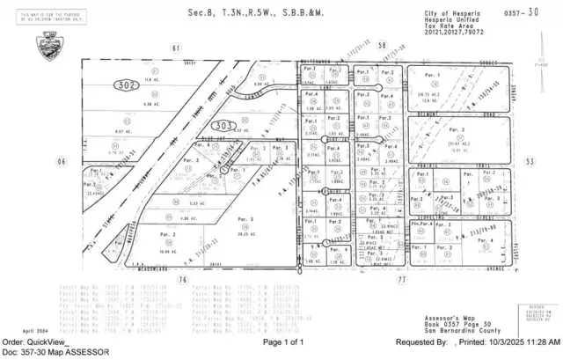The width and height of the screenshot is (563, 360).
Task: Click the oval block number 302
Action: [125, 84]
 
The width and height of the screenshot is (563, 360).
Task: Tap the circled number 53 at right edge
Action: [530, 162]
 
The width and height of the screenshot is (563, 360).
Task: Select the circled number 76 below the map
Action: [182, 279]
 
